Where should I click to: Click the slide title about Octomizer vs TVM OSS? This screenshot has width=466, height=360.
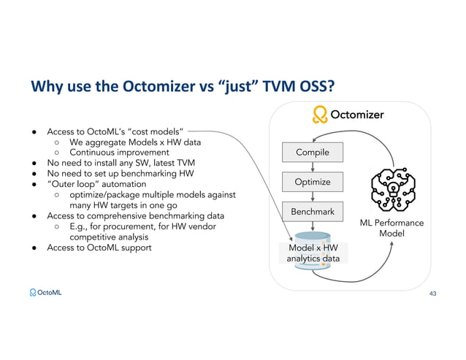(182, 87)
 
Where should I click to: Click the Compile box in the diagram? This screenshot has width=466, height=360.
(312, 153)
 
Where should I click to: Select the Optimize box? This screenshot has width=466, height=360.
(312, 182)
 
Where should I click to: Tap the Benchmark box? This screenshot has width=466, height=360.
(312, 212)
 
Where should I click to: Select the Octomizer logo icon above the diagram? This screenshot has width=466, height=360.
(319, 115)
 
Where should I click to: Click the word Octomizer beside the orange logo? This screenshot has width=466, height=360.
(357, 115)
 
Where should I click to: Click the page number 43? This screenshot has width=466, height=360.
(433, 293)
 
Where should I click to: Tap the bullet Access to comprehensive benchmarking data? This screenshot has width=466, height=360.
(135, 215)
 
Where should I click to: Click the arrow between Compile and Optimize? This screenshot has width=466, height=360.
(312, 167)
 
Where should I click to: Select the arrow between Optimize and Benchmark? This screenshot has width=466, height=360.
(312, 197)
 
